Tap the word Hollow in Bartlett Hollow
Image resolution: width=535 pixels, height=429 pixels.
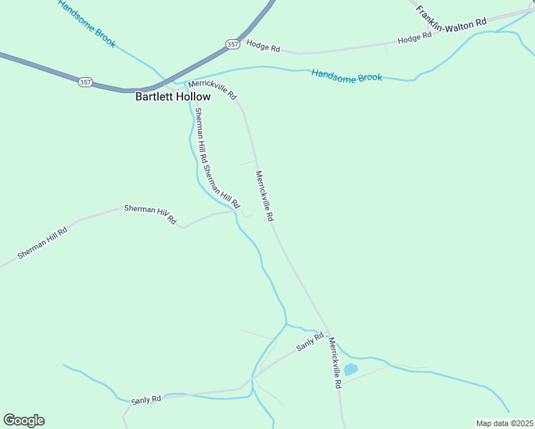coord(195,97)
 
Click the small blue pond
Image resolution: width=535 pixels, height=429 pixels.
coord(350,370)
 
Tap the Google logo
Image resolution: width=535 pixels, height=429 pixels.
coord(24,420)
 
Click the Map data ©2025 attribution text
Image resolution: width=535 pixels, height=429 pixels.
coord(504,423)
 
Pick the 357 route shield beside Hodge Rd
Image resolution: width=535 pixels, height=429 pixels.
coord(232,44)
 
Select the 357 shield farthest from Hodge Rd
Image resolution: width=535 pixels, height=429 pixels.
coord(85,82)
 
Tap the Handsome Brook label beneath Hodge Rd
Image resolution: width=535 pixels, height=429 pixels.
coord(347,76)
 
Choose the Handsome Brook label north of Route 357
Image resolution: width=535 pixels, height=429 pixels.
coord(87,24)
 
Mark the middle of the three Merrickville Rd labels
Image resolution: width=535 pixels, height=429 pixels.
coord(265,194)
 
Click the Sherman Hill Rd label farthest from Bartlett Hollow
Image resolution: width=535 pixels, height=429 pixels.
coord(43,243)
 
